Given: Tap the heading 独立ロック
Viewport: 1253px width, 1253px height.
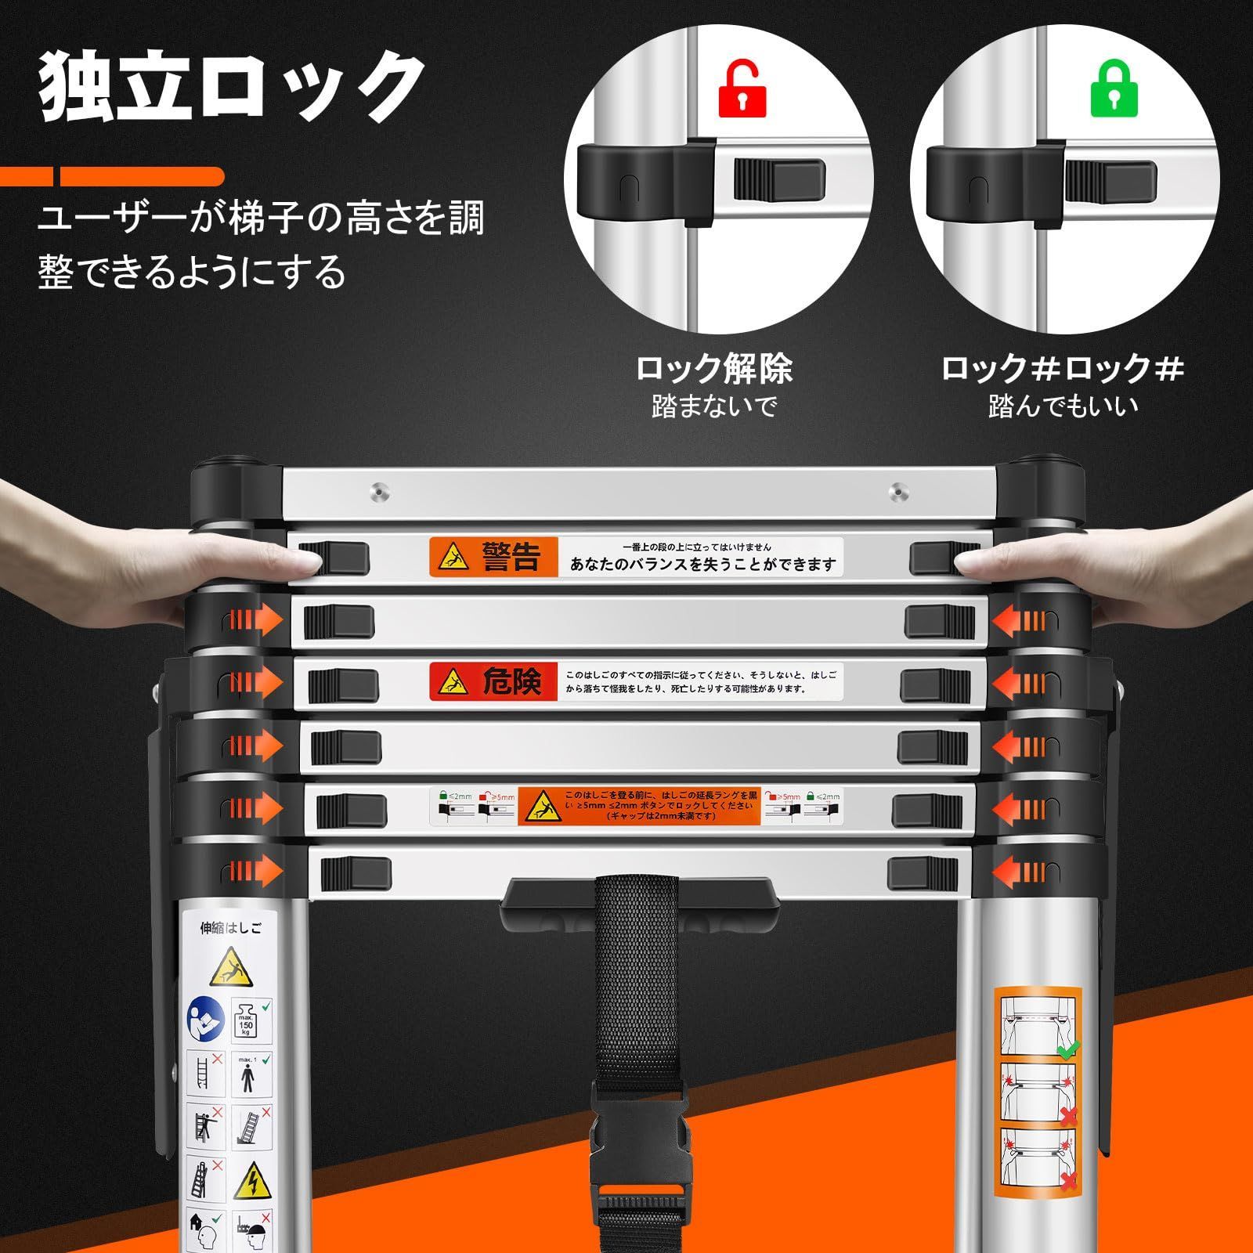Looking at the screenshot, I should tap(232, 88).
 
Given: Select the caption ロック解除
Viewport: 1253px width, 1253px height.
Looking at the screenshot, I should tap(713, 368).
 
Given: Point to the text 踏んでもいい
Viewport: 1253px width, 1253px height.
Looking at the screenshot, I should tap(1063, 406).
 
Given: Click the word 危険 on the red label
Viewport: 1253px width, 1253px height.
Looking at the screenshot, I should tap(511, 682).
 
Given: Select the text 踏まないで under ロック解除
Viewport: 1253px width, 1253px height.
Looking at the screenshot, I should tap(713, 406).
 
